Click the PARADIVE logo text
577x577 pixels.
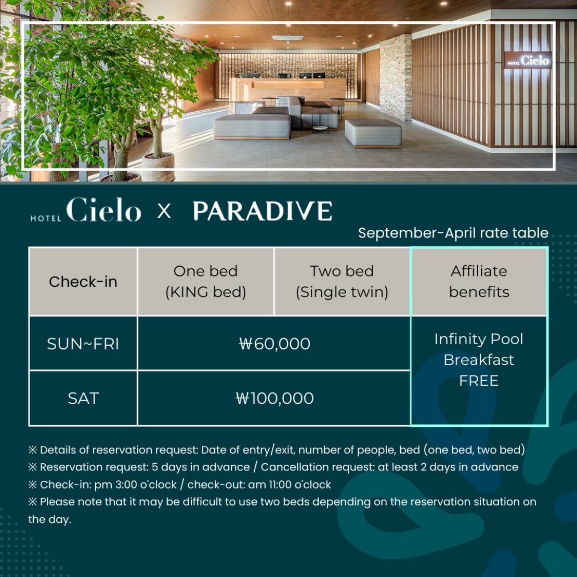[263, 211]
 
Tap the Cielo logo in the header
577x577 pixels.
[86, 210]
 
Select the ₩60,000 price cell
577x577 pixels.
[274, 344]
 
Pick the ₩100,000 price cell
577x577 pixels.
[274, 398]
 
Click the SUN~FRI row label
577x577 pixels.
[83, 344]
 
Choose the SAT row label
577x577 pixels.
[83, 398]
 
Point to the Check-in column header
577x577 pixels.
[83, 282]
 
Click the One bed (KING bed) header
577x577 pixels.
[206, 282]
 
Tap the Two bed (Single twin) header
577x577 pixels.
[342, 282]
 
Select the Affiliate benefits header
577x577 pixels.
[479, 282]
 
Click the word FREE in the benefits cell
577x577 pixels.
[479, 381]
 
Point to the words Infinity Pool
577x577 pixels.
[479, 339]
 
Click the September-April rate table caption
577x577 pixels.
[453, 233]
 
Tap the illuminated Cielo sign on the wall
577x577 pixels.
[528, 60]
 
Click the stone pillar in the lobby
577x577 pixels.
[396, 77]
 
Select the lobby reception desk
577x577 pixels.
[287, 89]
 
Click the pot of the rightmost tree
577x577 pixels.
[158, 167]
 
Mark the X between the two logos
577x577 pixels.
[164, 211]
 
